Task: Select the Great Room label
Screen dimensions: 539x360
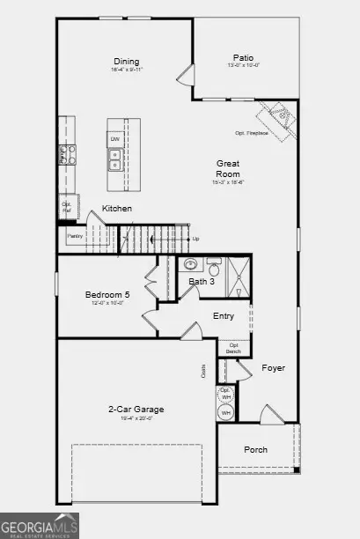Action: click(x=229, y=168)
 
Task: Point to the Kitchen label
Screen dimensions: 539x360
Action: click(x=117, y=209)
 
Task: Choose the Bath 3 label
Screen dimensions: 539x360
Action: click(x=202, y=281)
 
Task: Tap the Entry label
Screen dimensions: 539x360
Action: click(x=224, y=316)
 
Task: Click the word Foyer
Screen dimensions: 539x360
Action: click(x=274, y=367)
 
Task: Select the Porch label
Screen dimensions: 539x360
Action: click(x=256, y=449)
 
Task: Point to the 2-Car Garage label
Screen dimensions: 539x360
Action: click(x=136, y=409)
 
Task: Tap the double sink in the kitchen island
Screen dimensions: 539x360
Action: click(x=115, y=159)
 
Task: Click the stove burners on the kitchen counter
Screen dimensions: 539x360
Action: click(x=66, y=155)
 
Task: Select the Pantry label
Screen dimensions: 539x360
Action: click(x=75, y=235)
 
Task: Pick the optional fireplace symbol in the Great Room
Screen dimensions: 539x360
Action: click(x=278, y=116)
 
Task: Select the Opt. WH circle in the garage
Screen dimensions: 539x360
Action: click(x=225, y=394)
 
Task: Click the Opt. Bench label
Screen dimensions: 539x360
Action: click(x=233, y=349)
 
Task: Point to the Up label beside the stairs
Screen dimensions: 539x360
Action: click(x=195, y=239)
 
